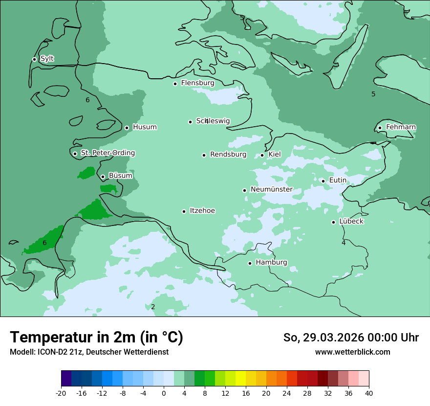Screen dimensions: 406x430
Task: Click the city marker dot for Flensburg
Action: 175,84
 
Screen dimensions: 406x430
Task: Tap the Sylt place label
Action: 47,59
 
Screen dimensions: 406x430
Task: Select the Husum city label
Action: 145,127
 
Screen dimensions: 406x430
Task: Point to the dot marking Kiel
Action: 262,155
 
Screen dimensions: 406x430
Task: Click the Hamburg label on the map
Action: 271,263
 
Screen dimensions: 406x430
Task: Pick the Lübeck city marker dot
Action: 333,222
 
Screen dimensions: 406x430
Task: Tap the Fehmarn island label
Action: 401,127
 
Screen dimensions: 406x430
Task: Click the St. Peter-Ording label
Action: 107,153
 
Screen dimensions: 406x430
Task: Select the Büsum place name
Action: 120,176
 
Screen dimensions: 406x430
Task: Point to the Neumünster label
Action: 271,189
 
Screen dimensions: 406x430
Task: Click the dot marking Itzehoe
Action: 184,211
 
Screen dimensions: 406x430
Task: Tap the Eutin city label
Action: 338,180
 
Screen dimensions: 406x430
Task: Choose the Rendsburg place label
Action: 228,155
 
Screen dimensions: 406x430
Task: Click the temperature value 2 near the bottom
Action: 153,307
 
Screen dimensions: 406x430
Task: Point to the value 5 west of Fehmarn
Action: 373,94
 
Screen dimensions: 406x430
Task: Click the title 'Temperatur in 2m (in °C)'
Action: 96,337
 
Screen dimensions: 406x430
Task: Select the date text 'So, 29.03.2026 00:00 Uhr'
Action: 351,338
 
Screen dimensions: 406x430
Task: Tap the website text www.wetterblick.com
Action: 352,352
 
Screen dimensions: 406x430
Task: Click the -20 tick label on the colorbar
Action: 61,393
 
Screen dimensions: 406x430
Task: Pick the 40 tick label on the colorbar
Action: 369,393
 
